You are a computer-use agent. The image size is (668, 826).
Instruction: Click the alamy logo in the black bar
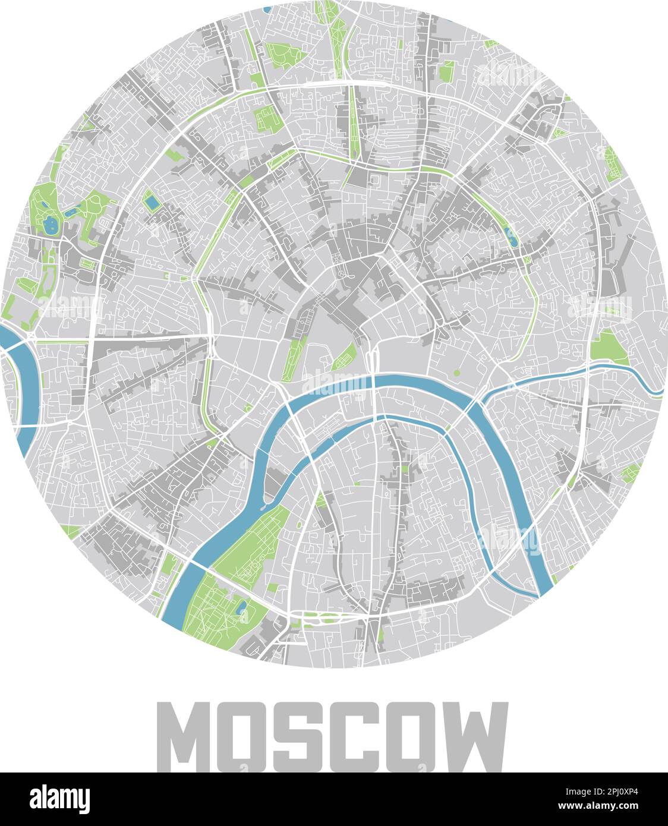(x=59, y=799)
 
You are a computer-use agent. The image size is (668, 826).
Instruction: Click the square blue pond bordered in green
(x=152, y=203)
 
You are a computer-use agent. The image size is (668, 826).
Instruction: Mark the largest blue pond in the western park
(x=49, y=225)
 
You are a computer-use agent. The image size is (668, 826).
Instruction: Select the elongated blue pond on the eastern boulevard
(x=511, y=237)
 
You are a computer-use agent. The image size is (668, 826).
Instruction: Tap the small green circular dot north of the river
(x=457, y=373)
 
